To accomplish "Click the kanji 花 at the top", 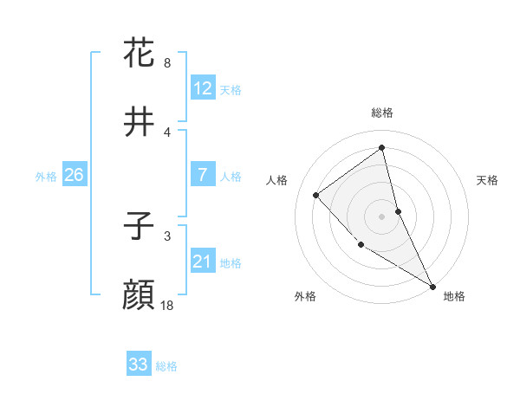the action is [x=140, y=54].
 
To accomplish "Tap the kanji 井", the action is [x=140, y=123].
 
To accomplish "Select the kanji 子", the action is [x=140, y=228].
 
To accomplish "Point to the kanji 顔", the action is [x=140, y=296].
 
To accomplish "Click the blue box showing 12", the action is [x=203, y=87].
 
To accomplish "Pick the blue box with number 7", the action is [x=203, y=175].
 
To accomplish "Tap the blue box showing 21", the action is [x=203, y=262].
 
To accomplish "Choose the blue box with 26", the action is [x=74, y=175].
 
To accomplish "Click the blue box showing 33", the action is [x=139, y=365].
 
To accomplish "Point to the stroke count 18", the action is [x=167, y=305].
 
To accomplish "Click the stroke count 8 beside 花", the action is [x=167, y=62].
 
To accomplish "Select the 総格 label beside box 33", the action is [x=166, y=366].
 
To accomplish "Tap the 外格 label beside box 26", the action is [x=46, y=177].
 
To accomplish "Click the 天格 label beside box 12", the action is [x=231, y=89].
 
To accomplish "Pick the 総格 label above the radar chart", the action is [x=382, y=113].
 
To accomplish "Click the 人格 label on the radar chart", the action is [x=277, y=180].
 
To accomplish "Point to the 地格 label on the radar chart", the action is [x=454, y=296].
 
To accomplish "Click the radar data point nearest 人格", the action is [x=316, y=195].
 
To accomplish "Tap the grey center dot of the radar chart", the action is [x=382, y=216].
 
